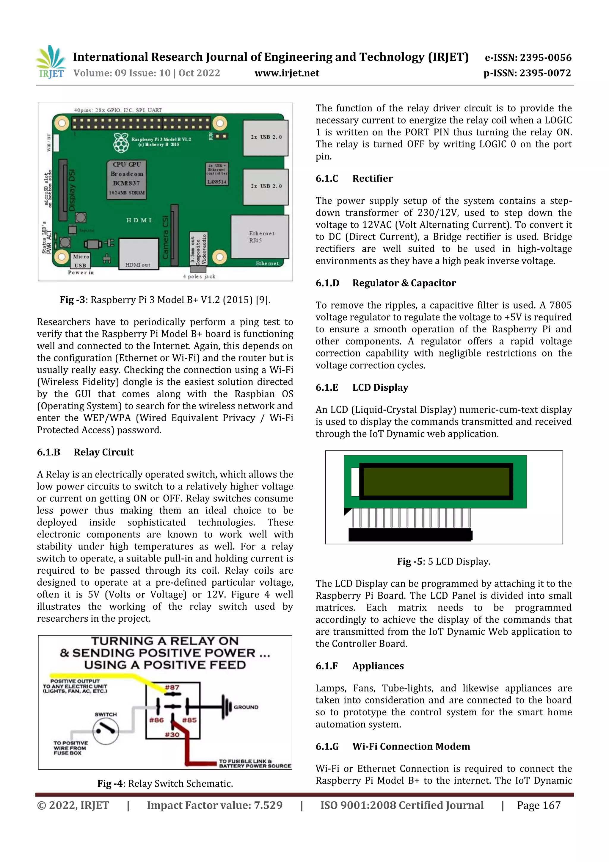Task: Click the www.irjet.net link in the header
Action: click(x=287, y=73)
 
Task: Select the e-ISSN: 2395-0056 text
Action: click(x=528, y=57)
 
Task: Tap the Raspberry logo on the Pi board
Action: click(x=121, y=143)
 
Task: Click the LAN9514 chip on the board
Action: click(x=216, y=174)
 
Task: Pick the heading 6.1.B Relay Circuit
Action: click(x=85, y=452)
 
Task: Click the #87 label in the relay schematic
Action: click(x=172, y=687)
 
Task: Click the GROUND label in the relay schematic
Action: click(x=246, y=707)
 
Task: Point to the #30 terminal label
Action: click(x=172, y=734)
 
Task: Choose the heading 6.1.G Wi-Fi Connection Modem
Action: click(x=393, y=746)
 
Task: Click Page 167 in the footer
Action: click(x=539, y=805)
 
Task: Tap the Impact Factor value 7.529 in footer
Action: click(x=214, y=805)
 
